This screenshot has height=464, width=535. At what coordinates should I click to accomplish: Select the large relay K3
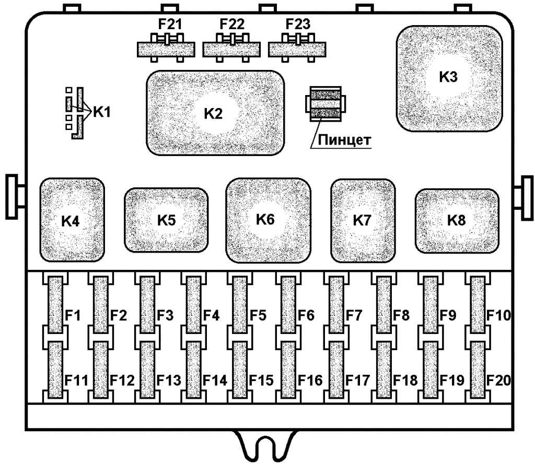click(449, 78)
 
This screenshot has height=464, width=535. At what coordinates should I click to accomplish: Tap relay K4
click(72, 220)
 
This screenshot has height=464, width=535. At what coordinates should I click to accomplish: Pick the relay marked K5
click(166, 220)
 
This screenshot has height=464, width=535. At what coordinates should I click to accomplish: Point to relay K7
click(363, 220)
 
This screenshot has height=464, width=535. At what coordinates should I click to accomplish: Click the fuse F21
click(167, 49)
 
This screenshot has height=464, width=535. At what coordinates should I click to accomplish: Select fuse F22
click(232, 49)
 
